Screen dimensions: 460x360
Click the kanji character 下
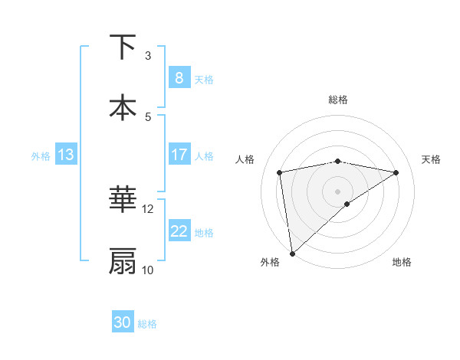(x=123, y=47)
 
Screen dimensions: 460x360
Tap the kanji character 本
(x=123, y=107)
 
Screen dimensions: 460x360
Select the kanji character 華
(x=123, y=201)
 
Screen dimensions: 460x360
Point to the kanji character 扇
(x=123, y=261)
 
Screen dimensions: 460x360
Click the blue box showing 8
(x=179, y=78)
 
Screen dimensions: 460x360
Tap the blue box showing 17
(x=179, y=155)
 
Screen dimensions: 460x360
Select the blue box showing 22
(x=179, y=231)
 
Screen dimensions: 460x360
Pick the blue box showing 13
(x=65, y=155)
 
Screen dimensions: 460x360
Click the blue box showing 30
(x=123, y=322)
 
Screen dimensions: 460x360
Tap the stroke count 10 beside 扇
(x=148, y=270)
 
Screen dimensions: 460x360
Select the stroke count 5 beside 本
(x=148, y=116)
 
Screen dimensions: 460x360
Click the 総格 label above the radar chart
(x=338, y=100)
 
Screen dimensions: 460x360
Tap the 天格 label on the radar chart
(x=432, y=159)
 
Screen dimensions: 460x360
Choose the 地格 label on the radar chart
(x=402, y=262)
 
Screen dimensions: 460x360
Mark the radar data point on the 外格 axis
(x=291, y=253)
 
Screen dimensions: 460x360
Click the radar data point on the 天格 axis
(x=396, y=172)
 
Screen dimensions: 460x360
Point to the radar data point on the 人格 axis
(x=280, y=172)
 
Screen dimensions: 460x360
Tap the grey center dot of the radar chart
(x=338, y=191)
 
